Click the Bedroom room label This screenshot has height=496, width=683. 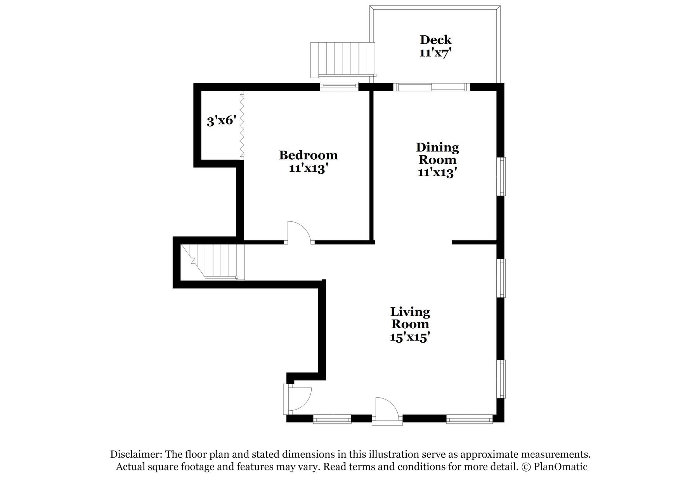click(x=308, y=155)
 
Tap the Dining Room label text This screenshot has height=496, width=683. click(x=437, y=153)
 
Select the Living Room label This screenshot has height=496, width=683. click(x=410, y=318)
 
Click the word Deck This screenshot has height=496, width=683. click(x=435, y=40)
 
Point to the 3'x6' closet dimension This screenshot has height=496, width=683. click(x=221, y=121)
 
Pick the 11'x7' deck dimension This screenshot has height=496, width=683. click(x=435, y=53)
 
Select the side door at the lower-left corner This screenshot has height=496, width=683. click(x=297, y=399)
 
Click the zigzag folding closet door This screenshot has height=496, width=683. click(x=242, y=125)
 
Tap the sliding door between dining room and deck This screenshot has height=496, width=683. click(x=431, y=87)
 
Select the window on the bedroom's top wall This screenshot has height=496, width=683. click(x=339, y=86)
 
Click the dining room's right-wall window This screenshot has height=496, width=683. click(x=502, y=176)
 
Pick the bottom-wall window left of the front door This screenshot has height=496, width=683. click(x=332, y=419)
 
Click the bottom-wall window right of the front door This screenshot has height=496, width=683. click(x=469, y=419)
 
